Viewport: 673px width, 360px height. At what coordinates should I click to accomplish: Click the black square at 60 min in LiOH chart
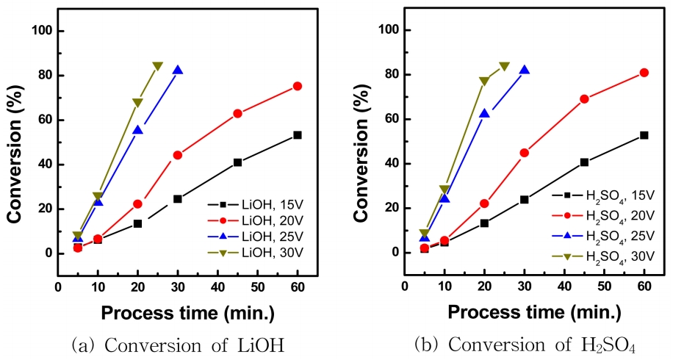[x=297, y=135]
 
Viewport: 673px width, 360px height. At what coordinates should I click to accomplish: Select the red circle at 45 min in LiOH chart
[x=237, y=113]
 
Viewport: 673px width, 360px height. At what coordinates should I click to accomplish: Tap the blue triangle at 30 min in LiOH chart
[x=178, y=71]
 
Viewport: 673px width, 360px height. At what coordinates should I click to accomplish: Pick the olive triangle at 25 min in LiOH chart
[x=157, y=66]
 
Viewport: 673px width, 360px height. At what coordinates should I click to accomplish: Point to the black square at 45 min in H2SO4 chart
[x=584, y=162]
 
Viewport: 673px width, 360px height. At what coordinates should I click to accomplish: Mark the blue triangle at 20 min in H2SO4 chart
[x=484, y=113]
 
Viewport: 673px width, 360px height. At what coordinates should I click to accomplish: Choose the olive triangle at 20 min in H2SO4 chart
[x=484, y=82]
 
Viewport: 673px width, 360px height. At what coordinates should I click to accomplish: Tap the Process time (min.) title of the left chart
[x=187, y=313]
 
